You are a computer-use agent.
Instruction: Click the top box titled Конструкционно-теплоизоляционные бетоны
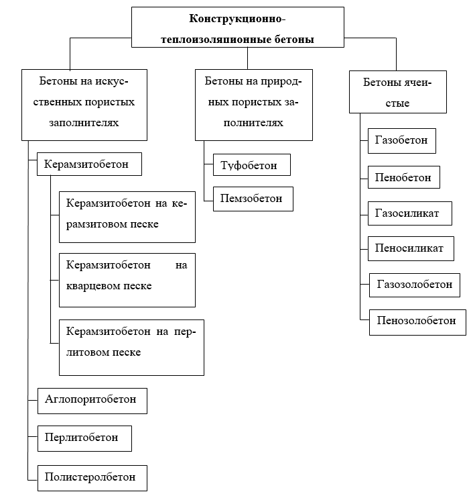(x=237, y=28)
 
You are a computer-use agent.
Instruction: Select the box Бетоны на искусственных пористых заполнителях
(x=84, y=105)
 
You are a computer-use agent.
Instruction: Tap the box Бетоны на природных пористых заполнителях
(x=254, y=105)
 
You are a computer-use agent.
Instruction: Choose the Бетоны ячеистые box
(x=398, y=92)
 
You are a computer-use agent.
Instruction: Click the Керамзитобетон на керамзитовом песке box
(x=127, y=217)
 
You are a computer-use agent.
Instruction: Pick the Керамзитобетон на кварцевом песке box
(x=127, y=280)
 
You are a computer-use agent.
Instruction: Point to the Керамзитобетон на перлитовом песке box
(x=132, y=348)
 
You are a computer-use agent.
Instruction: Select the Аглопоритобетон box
(x=92, y=401)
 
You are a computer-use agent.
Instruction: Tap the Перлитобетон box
(x=84, y=438)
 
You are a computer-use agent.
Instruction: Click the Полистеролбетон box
(x=92, y=478)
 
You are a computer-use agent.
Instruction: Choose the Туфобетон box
(x=252, y=165)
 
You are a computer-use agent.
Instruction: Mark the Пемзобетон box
(x=253, y=199)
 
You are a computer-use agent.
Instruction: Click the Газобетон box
(x=402, y=141)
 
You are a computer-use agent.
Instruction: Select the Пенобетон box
(x=404, y=177)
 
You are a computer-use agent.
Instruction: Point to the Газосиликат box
(x=410, y=213)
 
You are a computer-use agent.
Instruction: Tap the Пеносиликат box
(x=411, y=248)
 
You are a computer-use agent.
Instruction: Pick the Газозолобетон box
(x=415, y=285)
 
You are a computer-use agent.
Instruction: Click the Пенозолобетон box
(x=417, y=322)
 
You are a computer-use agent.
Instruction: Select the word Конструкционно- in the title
(x=237, y=19)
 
